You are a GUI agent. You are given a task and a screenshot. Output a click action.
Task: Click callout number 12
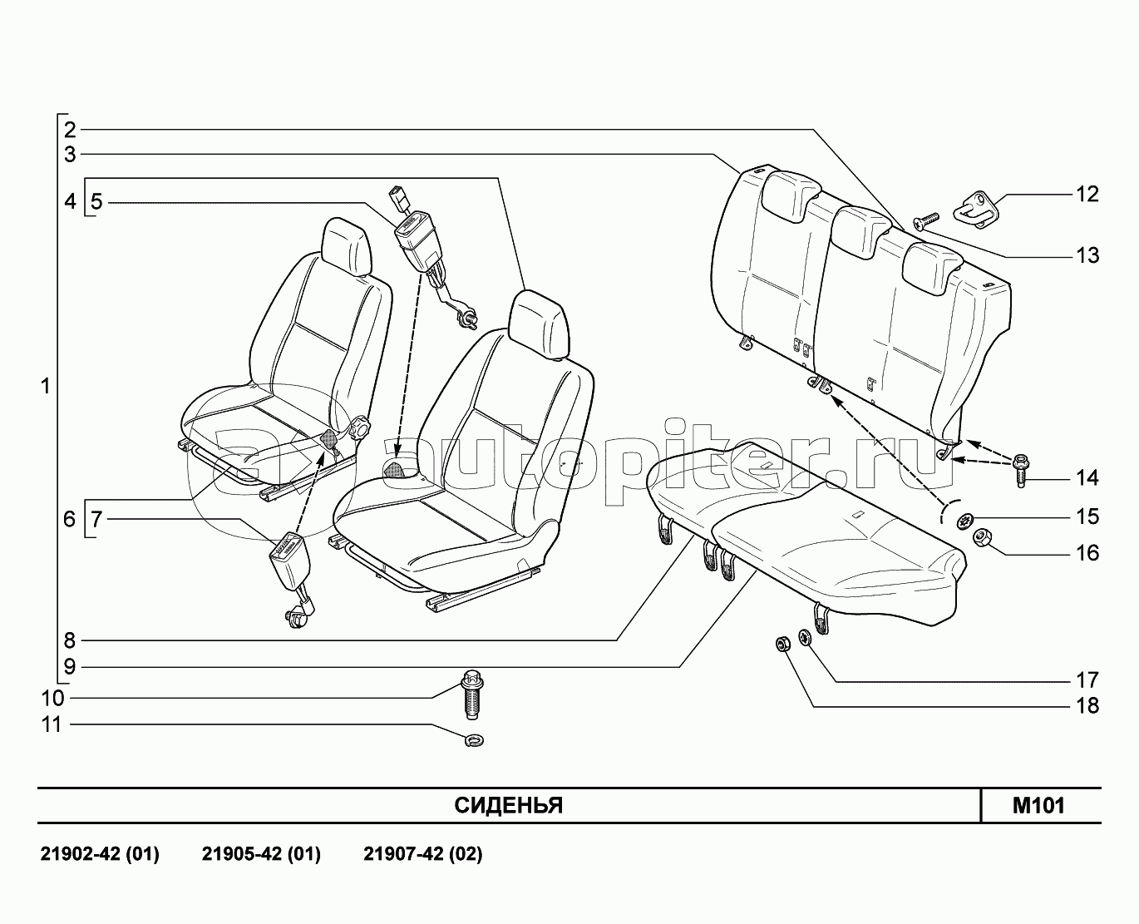[x=1087, y=194]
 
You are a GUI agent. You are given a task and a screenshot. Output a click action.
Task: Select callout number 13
[x=1087, y=255]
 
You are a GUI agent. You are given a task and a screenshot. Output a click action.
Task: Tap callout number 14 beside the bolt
[x=1087, y=478]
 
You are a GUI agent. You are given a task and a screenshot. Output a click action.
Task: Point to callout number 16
[x=1087, y=553]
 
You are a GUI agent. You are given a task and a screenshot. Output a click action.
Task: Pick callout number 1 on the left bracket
[x=45, y=387]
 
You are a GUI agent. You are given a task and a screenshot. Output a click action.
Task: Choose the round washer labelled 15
[x=964, y=521]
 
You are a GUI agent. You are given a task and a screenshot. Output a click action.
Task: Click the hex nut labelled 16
[x=980, y=538]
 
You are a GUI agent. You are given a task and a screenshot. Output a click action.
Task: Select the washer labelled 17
[x=805, y=638]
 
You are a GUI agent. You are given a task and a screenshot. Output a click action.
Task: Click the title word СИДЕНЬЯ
[x=509, y=806]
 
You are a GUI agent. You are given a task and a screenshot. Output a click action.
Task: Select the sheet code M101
[x=1038, y=805]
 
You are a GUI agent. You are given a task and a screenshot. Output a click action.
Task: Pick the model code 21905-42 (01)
[x=261, y=854]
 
